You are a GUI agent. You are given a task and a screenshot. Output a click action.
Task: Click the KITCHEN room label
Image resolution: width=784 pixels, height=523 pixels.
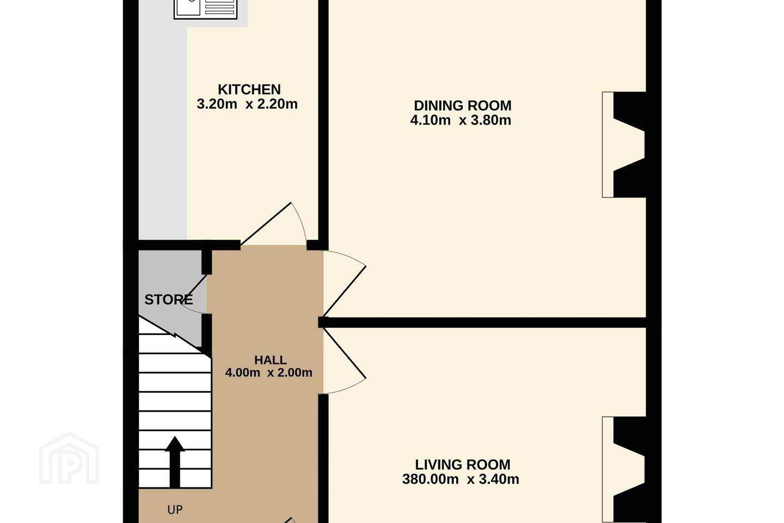coord(249,90)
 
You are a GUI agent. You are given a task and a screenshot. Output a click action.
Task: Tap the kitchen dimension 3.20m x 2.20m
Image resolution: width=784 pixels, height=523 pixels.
coord(247,104)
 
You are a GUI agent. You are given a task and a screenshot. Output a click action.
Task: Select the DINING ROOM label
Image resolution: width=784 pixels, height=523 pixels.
coord(462,106)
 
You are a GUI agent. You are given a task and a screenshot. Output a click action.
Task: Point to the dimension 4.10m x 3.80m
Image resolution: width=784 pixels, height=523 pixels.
coord(461,120)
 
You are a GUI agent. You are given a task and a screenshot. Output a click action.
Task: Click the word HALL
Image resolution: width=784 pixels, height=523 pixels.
coord(270,360)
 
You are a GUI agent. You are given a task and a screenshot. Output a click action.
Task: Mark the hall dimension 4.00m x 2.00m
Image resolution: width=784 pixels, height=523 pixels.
coord(269,373)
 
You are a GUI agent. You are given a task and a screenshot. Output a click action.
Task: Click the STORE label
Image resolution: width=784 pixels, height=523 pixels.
coord(168,300)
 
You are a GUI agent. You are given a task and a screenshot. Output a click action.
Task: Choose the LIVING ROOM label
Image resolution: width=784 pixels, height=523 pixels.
coord(462,465)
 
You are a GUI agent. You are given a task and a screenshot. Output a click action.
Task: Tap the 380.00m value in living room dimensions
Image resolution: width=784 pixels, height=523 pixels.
coord(430,479)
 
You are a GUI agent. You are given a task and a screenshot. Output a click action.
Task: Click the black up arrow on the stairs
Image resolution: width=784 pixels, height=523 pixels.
coord(175,462)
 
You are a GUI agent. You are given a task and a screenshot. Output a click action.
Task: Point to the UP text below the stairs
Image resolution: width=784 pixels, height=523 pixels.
coord(175,510)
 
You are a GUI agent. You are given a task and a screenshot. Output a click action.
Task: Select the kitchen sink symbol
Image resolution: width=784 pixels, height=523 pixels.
coord(205,8)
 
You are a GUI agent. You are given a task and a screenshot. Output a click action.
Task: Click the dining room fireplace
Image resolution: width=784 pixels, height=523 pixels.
coord(624,145)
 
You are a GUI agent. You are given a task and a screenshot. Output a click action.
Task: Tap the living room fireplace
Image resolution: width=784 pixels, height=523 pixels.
coord(624,470)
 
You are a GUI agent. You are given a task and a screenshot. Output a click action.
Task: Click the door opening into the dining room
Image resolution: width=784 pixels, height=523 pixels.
coord(345,284)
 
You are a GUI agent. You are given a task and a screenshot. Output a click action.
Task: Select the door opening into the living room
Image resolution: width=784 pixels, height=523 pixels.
coord(345,361)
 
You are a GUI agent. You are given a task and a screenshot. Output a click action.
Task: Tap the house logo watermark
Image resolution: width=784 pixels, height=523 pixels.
coord(69,458)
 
